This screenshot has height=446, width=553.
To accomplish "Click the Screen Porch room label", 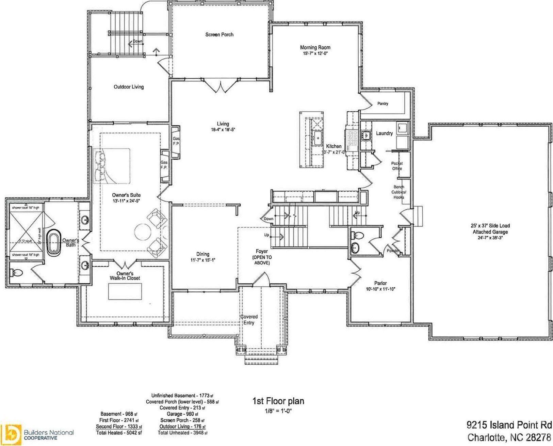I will pyautogui.click(x=219, y=34).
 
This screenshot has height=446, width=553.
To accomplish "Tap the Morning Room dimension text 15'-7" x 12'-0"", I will pyautogui.click(x=315, y=53).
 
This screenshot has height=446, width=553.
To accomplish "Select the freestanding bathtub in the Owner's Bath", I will pyautogui.click(x=53, y=242).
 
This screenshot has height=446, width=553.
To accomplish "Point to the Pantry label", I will pyautogui.click(x=383, y=103).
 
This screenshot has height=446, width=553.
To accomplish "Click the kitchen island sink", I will pyautogui.click(x=319, y=138).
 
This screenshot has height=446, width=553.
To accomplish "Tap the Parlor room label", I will pyautogui.click(x=380, y=283).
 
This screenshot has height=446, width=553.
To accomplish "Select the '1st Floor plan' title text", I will pyautogui.click(x=278, y=401).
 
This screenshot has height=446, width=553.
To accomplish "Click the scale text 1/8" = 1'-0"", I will pyautogui.click(x=278, y=411).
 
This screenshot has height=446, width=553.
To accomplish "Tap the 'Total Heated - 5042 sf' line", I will pyautogui.click(x=119, y=433).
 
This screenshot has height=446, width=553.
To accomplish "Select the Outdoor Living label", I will pyautogui.click(x=129, y=87).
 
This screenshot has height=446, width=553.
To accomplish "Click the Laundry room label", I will pyautogui.click(x=384, y=133).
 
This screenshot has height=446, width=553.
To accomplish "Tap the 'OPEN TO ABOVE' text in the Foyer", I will pyautogui.click(x=262, y=260).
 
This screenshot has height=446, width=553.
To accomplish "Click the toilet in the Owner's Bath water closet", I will pyautogui.click(x=17, y=272).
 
